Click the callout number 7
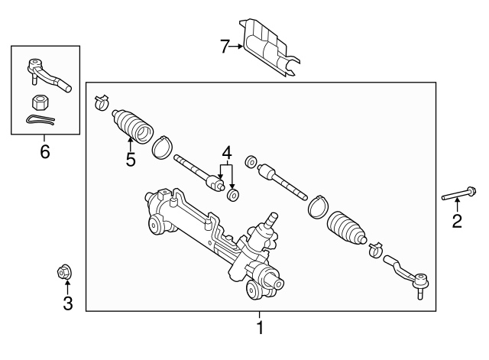click(x=225, y=47)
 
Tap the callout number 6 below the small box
click(x=45, y=152)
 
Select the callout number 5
click(x=131, y=160)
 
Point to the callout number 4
click(x=227, y=153)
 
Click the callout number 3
click(x=68, y=303)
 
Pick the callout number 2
click(x=457, y=221)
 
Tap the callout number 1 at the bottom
click(x=260, y=327)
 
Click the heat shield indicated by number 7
click(x=269, y=47)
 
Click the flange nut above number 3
click(x=63, y=272)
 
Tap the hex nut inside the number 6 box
click(x=39, y=102)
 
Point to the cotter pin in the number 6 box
click(x=40, y=120)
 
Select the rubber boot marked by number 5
click(x=132, y=126)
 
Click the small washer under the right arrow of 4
click(x=232, y=195)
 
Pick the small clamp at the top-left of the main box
click(x=101, y=102)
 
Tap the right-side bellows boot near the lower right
click(x=346, y=229)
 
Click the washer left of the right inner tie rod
click(x=251, y=161)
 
